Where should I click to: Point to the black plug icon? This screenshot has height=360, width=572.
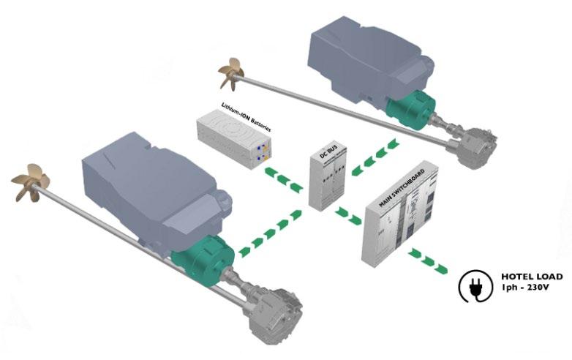coord(473,286)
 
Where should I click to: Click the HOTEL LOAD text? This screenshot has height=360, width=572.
coord(532,277)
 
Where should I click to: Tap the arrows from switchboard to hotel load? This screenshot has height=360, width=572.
coord(427,259)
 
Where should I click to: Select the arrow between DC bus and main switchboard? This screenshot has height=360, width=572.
coord(350,214)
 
